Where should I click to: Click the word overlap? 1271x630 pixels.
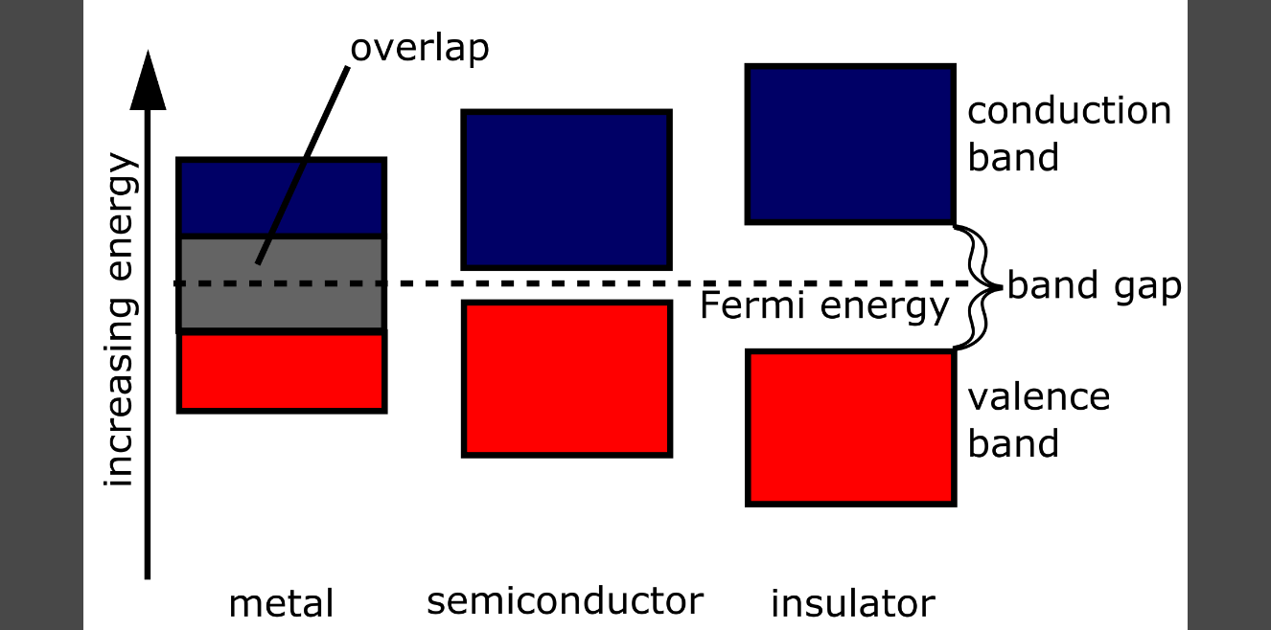pyautogui.click(x=419, y=48)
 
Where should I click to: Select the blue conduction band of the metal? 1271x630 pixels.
pyautogui.click(x=281, y=197)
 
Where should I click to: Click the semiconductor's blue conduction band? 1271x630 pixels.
pyautogui.click(x=566, y=190)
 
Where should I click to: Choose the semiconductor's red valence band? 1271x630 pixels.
pyautogui.click(x=566, y=378)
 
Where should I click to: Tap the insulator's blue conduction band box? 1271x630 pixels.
pyautogui.click(x=850, y=145)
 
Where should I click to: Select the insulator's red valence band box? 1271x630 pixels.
pyautogui.click(x=850, y=428)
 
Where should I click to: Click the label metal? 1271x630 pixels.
pyautogui.click(x=281, y=604)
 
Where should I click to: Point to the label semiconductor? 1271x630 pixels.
pyautogui.click(x=565, y=601)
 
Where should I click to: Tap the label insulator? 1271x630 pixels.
pyautogui.click(x=852, y=604)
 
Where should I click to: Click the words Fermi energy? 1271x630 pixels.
pyautogui.click(x=823, y=307)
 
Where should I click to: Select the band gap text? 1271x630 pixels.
pyautogui.click(x=1094, y=286)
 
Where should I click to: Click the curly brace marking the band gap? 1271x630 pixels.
pyautogui.click(x=979, y=285)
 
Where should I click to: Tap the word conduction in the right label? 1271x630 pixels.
pyautogui.click(x=1069, y=111)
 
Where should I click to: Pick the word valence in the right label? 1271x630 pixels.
pyautogui.click(x=1038, y=396)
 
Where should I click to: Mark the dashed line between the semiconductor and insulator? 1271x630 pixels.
pyautogui.click(x=709, y=284)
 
